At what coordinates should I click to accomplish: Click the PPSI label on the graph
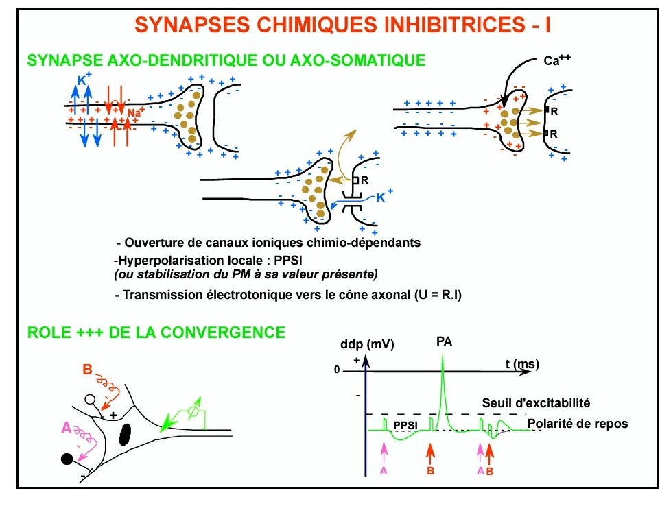click(406, 426)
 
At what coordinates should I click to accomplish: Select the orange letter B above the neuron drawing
click(87, 370)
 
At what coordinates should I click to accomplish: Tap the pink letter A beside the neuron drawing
click(66, 428)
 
